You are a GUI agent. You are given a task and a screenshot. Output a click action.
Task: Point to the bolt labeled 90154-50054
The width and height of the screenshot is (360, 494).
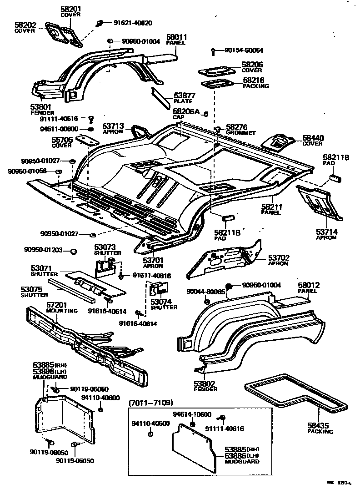pyautogui.click(x=213, y=50)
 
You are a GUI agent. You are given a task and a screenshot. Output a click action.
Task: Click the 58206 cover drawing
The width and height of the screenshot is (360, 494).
pyautogui.click(x=216, y=71)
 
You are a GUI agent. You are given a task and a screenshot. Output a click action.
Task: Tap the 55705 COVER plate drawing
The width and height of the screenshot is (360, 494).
pyautogui.click(x=87, y=139)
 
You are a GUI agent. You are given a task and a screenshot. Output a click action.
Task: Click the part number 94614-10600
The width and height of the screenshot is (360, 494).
pyautogui.click(x=193, y=414)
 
